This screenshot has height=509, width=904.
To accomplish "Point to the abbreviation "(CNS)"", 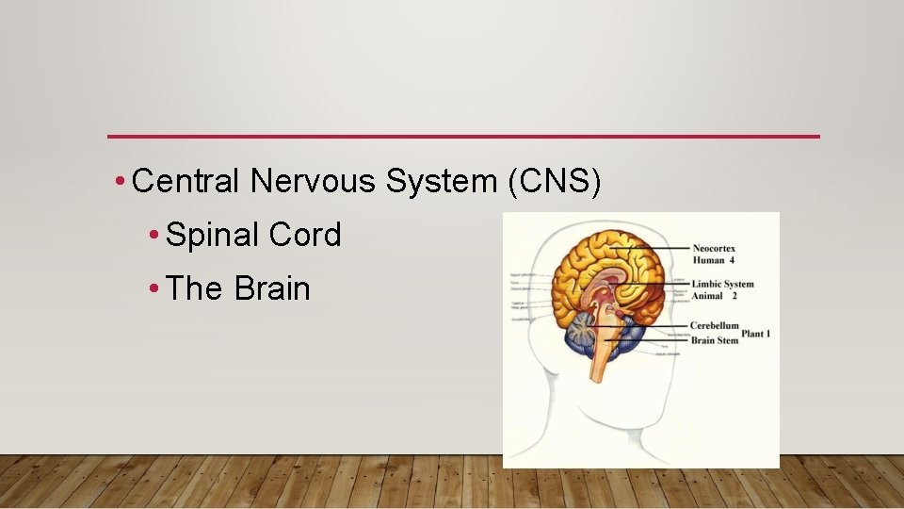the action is coord(554,180).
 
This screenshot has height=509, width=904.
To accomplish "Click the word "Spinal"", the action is coord(212,236).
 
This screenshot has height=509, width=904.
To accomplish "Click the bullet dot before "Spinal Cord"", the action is coord(153,236).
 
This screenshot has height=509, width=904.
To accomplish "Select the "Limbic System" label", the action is coord(723,284).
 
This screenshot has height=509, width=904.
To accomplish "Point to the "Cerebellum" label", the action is coord(714,326).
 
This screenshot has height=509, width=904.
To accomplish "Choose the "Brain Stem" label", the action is coord(715,339).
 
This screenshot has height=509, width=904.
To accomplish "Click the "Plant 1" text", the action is coord(756,334).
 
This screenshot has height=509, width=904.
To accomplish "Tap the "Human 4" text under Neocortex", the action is coord(714,260).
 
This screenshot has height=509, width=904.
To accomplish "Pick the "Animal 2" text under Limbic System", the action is coord(714,296).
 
